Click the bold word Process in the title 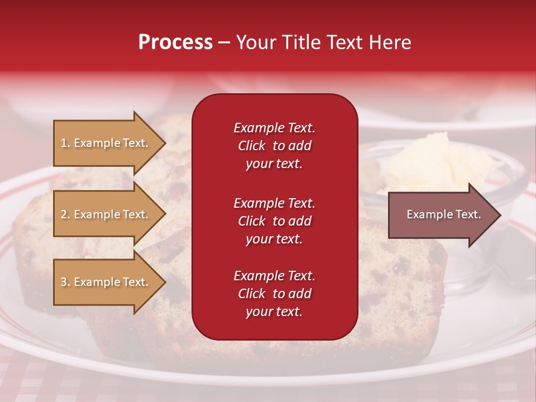(175, 42)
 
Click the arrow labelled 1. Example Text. (105, 143)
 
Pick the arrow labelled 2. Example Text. (105, 214)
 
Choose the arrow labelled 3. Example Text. (105, 282)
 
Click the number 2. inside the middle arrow (65, 214)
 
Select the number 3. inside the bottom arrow (65, 282)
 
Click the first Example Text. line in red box (274, 128)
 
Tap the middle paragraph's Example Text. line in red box (274, 203)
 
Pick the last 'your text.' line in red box (274, 312)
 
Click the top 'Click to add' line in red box (274, 146)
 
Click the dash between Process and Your (224, 42)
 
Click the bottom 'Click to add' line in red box (274, 294)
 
